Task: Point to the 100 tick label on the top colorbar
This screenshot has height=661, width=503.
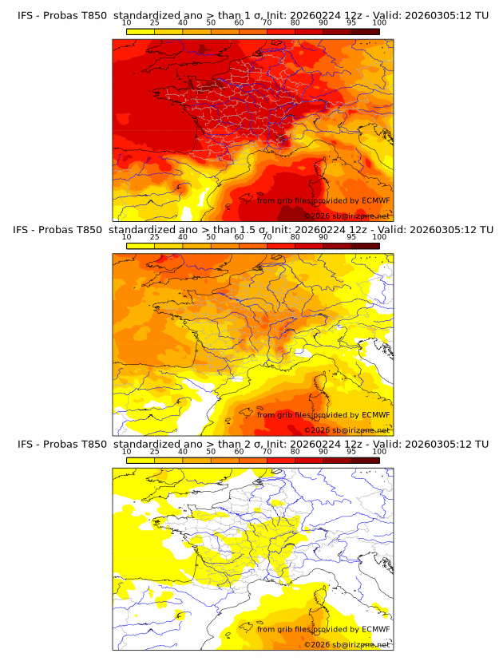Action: coord(379,23)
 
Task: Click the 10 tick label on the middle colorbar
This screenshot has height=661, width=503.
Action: coord(126,237)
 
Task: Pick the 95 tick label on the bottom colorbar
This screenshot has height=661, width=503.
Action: coord(351,452)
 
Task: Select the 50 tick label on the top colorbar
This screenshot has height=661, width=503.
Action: coord(211,23)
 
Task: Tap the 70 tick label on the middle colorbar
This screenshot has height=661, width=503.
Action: coord(267,237)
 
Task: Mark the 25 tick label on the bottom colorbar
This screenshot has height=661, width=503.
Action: coord(154,452)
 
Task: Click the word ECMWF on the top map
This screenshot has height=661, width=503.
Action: coord(376,201)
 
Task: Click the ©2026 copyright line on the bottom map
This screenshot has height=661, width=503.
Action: coord(347,644)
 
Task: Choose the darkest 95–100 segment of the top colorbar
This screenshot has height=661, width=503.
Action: coord(365,31)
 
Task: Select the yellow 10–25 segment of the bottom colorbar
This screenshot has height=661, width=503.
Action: coord(140,460)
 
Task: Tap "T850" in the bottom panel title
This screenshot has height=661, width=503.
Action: coord(90,444)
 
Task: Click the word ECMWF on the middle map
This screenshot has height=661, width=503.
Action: coord(376,415)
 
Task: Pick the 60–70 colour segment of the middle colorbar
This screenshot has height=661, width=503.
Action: coord(252,245)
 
